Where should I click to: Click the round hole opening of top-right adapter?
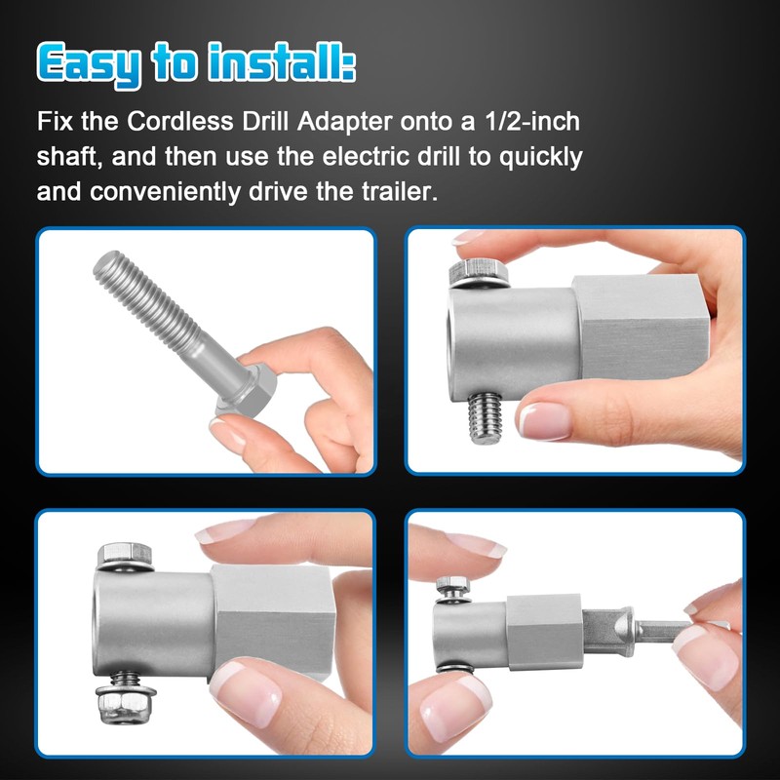click(458, 341)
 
